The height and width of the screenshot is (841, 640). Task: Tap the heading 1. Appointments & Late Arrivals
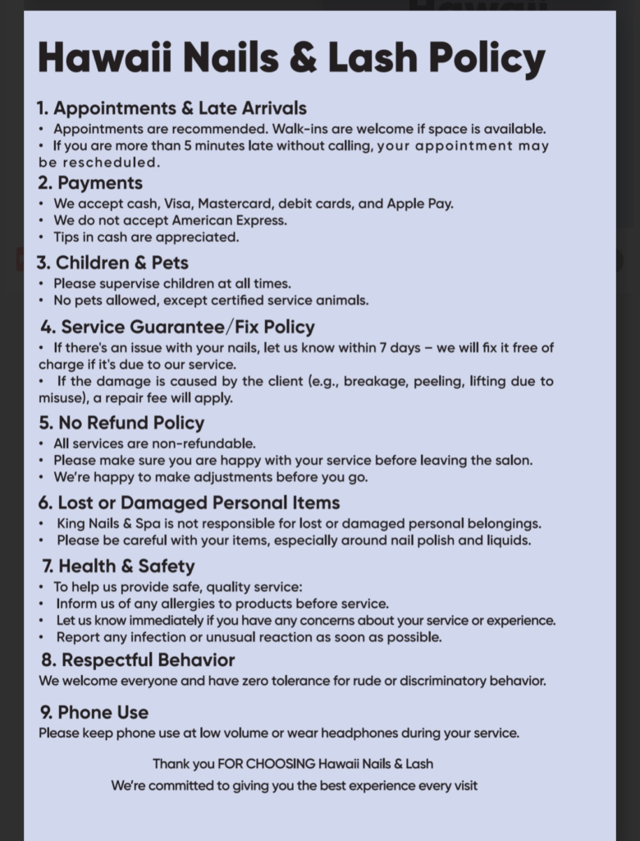click(171, 108)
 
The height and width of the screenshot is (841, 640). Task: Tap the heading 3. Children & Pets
click(112, 263)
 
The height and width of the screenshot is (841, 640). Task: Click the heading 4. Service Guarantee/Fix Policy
click(177, 327)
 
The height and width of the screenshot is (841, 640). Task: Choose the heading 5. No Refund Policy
click(121, 423)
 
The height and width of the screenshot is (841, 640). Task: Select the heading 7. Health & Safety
click(118, 566)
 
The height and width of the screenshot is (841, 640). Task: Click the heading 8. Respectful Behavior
click(138, 660)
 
